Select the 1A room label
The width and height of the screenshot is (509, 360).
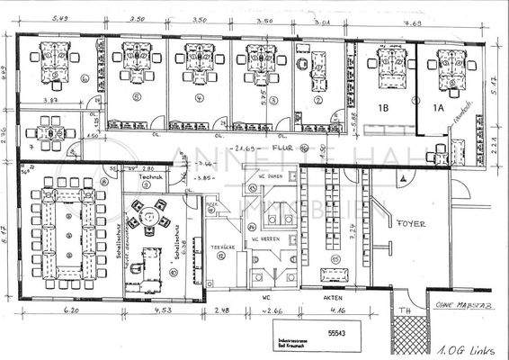[x=439, y=108]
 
